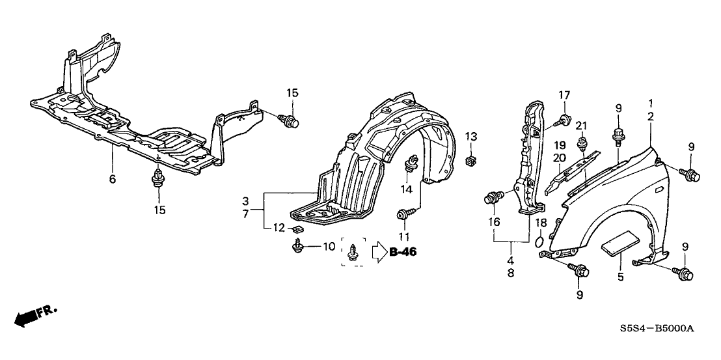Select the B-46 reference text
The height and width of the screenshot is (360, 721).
(x=403, y=252)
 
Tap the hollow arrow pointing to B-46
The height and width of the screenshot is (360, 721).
(x=379, y=252)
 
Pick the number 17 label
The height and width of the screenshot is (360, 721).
(x=564, y=95)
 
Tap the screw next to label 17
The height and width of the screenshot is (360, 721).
(x=564, y=118)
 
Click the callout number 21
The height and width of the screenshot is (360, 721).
(x=581, y=125)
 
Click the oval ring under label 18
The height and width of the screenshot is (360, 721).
(x=540, y=243)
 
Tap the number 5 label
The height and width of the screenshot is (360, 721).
(x=620, y=277)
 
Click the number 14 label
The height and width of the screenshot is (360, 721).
(x=407, y=189)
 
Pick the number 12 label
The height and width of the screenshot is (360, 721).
(x=279, y=228)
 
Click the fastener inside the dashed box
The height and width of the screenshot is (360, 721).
(x=353, y=253)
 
